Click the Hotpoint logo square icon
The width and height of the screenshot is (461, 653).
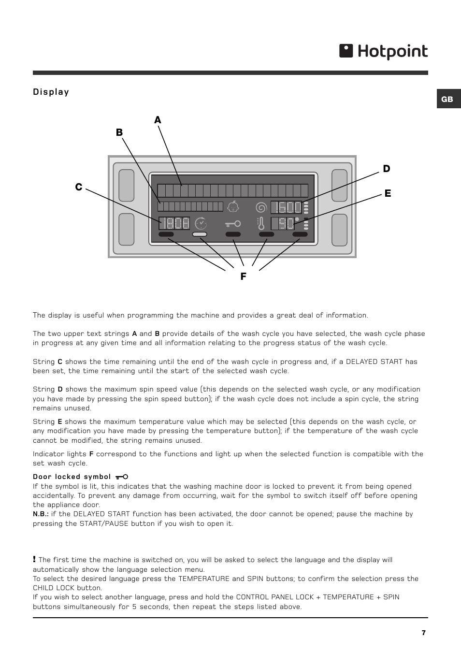click(346, 51)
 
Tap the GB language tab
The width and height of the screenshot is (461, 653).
click(447, 99)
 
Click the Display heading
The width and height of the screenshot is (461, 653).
click(51, 92)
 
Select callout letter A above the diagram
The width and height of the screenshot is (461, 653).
click(158, 120)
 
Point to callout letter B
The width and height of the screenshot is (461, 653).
click(119, 132)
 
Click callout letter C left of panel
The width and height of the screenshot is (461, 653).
click(78, 187)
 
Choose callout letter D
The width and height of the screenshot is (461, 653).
click(387, 169)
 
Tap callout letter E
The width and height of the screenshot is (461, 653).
click(388, 194)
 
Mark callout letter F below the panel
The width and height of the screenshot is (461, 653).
click(243, 276)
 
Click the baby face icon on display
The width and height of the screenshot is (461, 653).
click(233, 206)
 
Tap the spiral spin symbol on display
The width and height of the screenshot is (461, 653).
click(261, 207)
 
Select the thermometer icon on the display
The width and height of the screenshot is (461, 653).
click(261, 224)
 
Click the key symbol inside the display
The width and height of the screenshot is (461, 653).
click(233, 224)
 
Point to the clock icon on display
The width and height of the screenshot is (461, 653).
click(201, 223)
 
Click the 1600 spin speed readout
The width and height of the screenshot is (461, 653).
click(286, 207)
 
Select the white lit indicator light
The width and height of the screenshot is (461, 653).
click(200, 234)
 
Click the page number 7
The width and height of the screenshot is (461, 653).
click(424, 633)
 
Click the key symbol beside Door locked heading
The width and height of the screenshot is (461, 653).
click(122, 477)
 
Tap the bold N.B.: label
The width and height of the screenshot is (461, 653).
click(41, 514)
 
